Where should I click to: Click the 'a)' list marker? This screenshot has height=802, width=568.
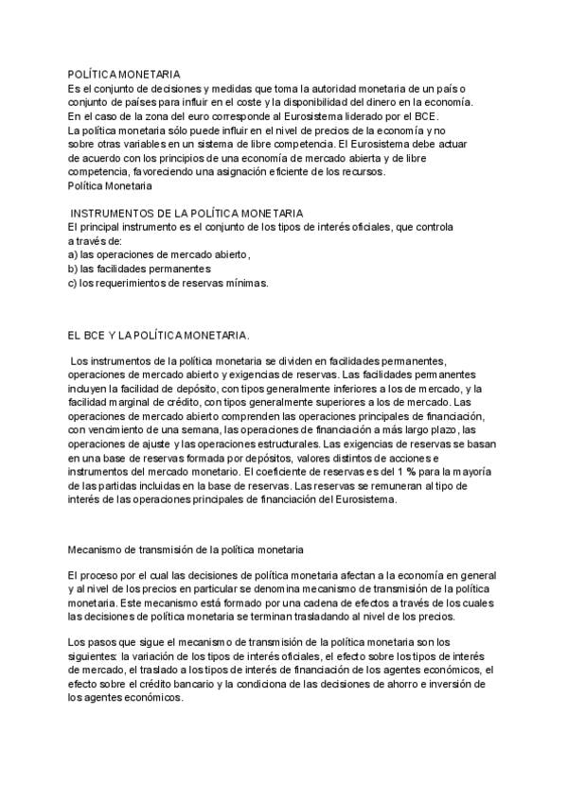pyautogui.click(x=74, y=254)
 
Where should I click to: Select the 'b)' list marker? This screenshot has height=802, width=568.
pyautogui.click(x=74, y=269)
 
